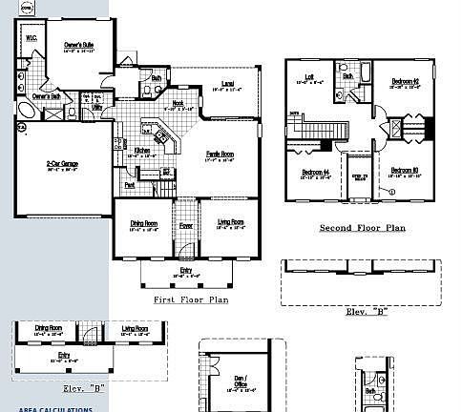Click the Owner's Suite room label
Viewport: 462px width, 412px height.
[x=78, y=44]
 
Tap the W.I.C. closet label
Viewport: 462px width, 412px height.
[x=32, y=38]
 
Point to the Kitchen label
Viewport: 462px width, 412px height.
[x=141, y=150]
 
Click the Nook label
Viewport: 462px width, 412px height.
[x=178, y=104]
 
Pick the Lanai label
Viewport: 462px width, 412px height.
[x=227, y=84]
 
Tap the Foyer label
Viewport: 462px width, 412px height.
[x=187, y=226]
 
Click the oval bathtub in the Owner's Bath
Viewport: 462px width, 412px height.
[x=26, y=112]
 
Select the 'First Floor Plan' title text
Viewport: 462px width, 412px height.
[x=191, y=299]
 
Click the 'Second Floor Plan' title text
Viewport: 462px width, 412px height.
[x=362, y=229]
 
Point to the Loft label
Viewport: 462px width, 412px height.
[x=309, y=77]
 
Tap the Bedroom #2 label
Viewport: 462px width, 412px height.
[x=406, y=82]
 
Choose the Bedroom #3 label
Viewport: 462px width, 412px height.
[x=405, y=172]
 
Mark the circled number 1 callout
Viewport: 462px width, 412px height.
[x=390, y=191]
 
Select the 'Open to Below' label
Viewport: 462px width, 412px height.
[x=359, y=176]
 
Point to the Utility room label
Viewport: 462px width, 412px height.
[x=97, y=108]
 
